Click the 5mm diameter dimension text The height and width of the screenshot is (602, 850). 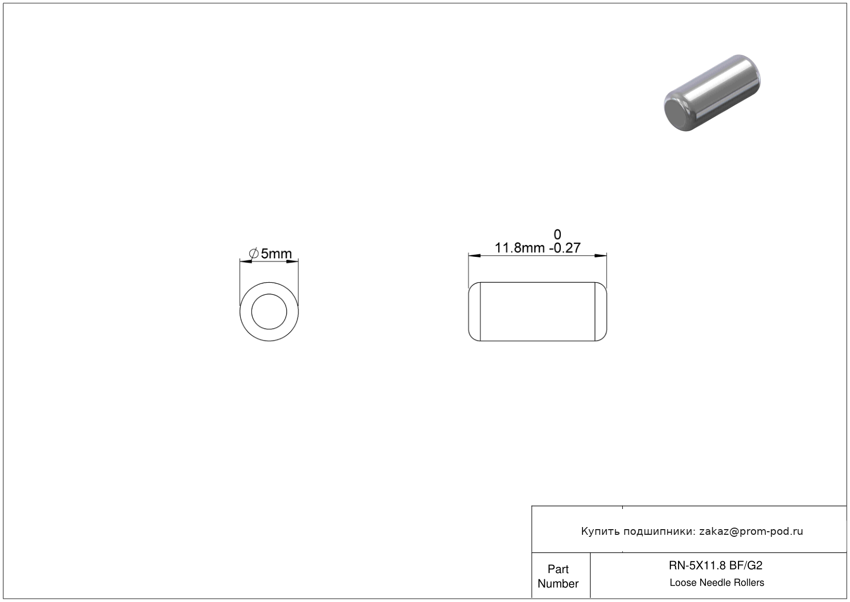pos(276,253)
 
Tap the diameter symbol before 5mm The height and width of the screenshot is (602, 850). pos(254,253)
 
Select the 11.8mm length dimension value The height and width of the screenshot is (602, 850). pos(520,248)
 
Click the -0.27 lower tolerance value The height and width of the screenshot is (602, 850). pos(564,248)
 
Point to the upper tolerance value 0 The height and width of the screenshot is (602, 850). pos(557,235)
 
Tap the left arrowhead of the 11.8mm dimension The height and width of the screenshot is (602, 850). pos(475,256)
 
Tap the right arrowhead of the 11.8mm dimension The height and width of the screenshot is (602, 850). pos(600,256)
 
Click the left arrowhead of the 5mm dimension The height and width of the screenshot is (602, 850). pos(246,261)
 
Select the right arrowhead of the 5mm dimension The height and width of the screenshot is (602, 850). pos(292,261)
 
